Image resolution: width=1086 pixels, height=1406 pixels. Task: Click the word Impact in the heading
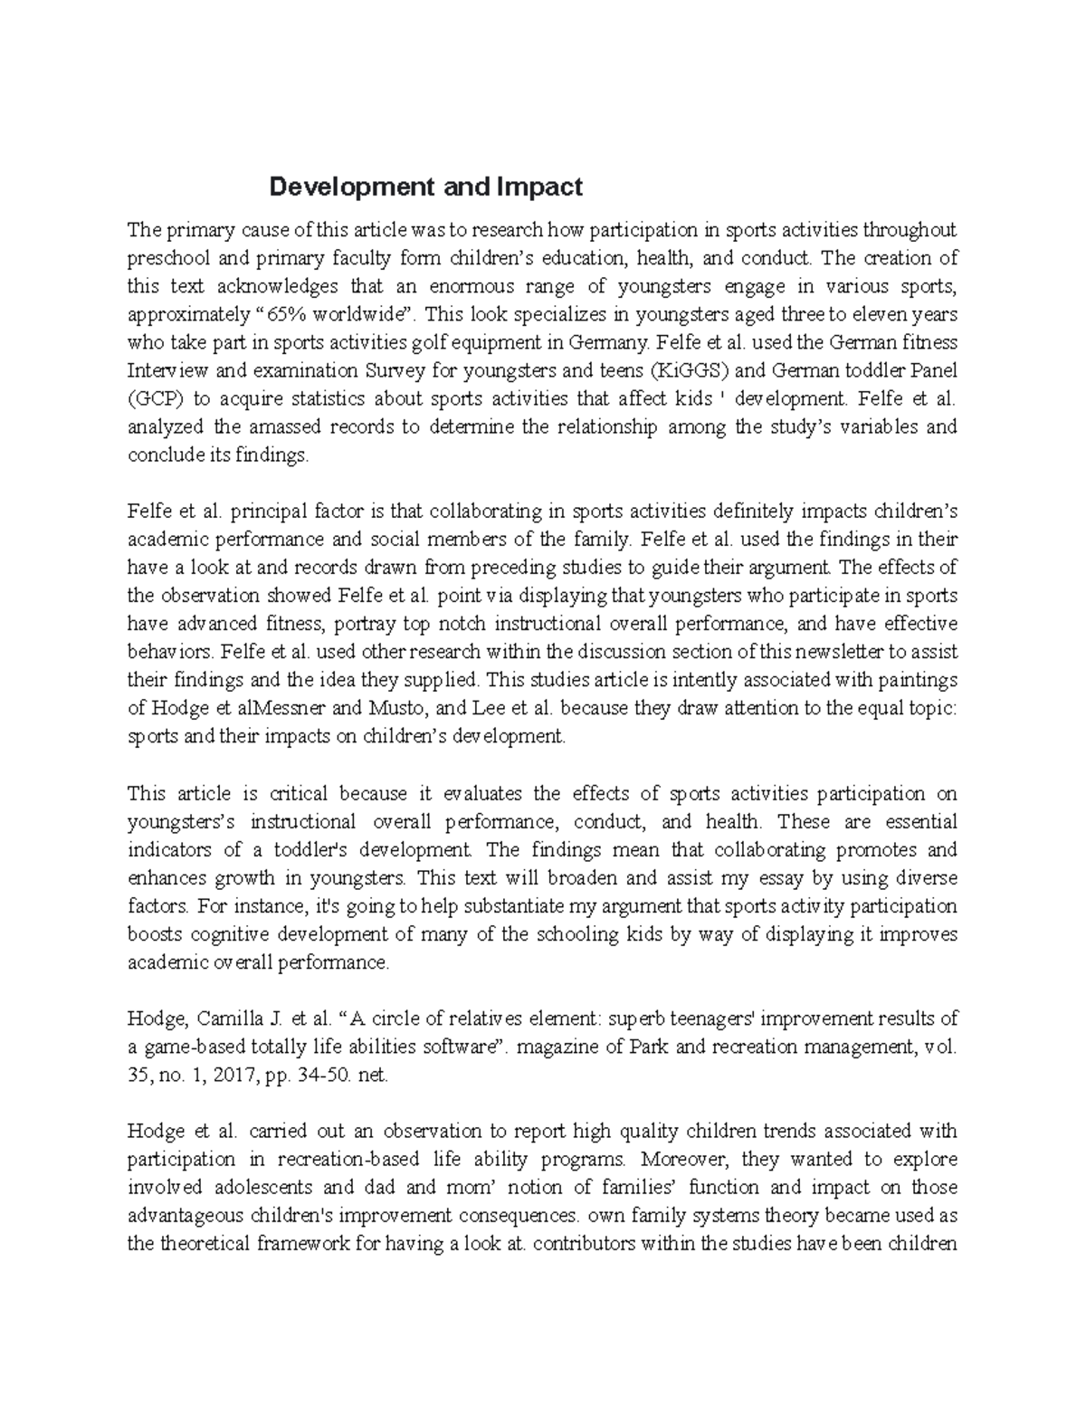pyautogui.click(x=539, y=187)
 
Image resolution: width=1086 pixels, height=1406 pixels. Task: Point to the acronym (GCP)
pyautogui.click(x=157, y=399)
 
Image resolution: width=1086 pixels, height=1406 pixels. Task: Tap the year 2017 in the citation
pyautogui.click(x=238, y=1075)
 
